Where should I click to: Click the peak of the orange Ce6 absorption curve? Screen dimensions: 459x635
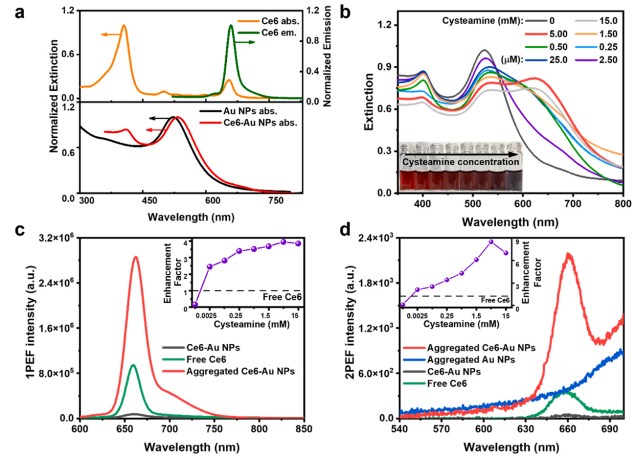point(123,25)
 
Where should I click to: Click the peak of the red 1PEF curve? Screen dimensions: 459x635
point(136,257)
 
